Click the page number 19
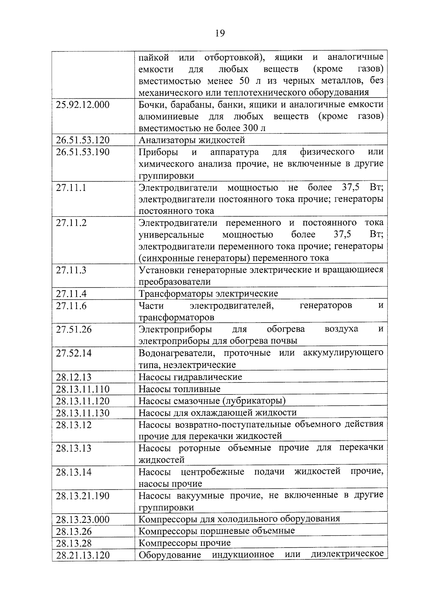[x=220, y=33]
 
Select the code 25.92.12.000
[x=83, y=105]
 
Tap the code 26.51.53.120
[x=83, y=140]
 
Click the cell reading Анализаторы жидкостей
[x=192, y=140]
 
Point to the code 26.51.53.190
[x=83, y=152]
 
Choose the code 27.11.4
[x=71, y=294]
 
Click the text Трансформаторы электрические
[x=208, y=294]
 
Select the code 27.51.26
[x=74, y=329]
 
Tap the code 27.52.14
[x=74, y=353]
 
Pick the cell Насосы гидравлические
[x=190, y=377]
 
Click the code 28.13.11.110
[x=83, y=389]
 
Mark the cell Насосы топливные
[x=180, y=389]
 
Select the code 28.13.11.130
[x=83, y=413]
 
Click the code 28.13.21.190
[x=83, y=496]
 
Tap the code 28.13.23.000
[x=83, y=519]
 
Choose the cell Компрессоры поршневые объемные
[x=217, y=531]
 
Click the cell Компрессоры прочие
[x=185, y=543]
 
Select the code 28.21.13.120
[x=83, y=555]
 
